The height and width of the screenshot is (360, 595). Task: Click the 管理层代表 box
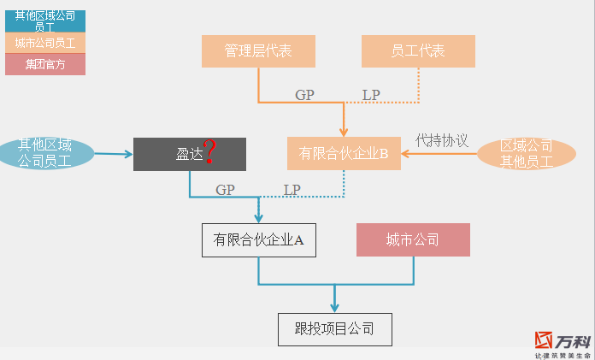(258, 51)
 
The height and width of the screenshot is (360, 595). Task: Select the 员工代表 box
(418, 51)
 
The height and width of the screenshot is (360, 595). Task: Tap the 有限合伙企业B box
(344, 154)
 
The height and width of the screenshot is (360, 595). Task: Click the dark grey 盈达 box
(189, 154)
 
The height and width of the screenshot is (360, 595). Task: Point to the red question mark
(209, 153)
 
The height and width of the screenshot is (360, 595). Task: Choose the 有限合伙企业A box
(258, 240)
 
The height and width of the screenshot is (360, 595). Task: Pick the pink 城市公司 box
(413, 240)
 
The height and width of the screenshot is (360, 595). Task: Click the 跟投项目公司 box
(334, 329)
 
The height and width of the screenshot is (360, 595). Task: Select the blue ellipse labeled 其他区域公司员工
(46, 153)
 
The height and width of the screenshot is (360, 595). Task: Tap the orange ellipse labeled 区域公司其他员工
(527, 154)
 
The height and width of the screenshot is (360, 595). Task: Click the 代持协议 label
(442, 139)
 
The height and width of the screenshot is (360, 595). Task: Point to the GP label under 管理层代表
(305, 95)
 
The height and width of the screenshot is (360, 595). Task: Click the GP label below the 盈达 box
(225, 189)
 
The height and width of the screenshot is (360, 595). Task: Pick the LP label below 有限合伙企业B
(292, 189)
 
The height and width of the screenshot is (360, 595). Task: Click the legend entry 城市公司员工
(45, 42)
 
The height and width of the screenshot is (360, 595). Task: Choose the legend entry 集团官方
(45, 64)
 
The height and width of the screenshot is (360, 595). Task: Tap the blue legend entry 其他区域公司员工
(45, 21)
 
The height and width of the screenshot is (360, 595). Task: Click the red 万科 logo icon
(545, 341)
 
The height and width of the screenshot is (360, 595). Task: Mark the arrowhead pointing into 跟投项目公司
(334, 309)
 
